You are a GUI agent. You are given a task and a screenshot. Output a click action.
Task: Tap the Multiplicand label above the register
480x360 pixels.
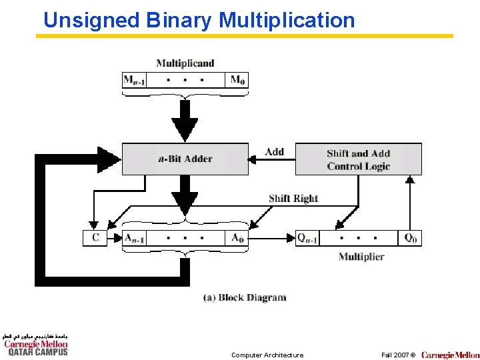coord(185,64)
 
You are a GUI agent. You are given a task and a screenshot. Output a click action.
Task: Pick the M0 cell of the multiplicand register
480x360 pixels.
coord(237,81)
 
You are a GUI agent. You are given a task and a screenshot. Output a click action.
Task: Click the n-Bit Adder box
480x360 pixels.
coord(185,159)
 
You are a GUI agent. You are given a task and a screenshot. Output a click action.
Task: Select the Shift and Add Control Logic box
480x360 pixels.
coord(358,159)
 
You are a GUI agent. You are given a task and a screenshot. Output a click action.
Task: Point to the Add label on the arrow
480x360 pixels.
coord(274,152)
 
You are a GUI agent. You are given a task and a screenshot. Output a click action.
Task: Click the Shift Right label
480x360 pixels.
coord(293,199)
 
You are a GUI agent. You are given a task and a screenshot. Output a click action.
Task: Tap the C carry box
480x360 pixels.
coord(95,238)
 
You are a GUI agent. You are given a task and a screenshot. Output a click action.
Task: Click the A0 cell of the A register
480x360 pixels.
coord(237,238)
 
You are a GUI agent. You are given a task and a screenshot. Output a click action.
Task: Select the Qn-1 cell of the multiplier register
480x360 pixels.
coord(307,238)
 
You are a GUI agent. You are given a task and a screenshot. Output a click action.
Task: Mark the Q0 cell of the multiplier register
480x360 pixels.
coord(410,238)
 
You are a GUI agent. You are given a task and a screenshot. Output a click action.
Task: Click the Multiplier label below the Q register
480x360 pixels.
coord(361,257)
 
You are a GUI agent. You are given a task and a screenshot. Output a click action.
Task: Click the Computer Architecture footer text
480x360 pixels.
coord(267,355)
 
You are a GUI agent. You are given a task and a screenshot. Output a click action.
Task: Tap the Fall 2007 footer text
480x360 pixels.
coord(397,355)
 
